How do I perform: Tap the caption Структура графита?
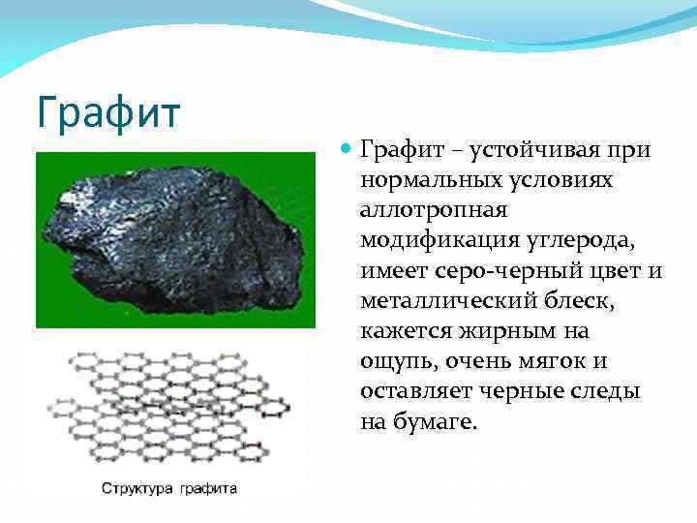169,488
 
